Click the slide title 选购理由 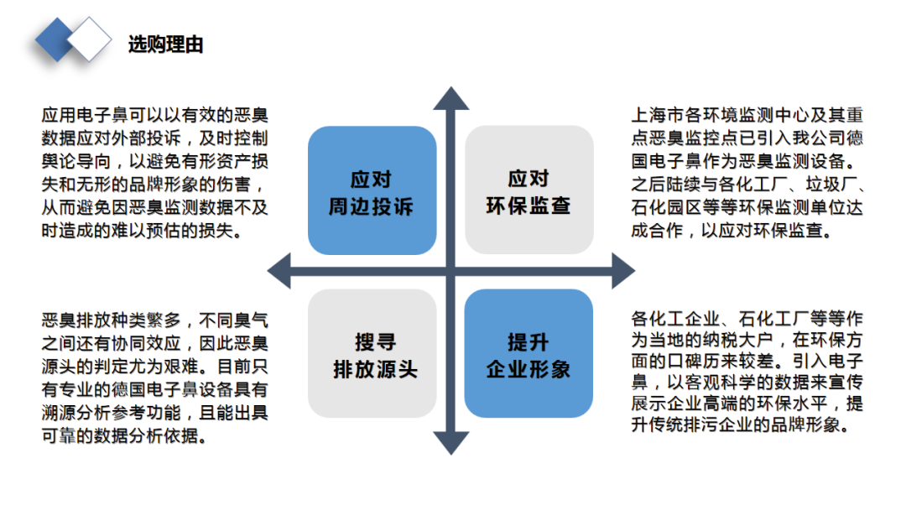tap(166, 44)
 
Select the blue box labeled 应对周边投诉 tap(372, 190)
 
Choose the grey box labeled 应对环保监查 tap(528, 190)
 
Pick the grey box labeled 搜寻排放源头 tap(372, 353)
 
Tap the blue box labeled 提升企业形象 tap(528, 353)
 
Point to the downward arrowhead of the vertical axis tap(450, 444)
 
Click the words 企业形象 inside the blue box tap(528, 369)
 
